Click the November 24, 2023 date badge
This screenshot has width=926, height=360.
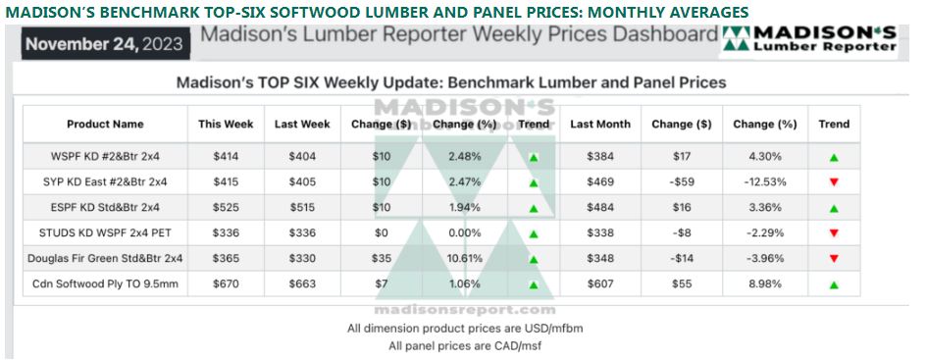coord(106,44)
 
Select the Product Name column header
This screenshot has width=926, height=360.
coord(105,125)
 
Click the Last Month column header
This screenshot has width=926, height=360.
coord(600,125)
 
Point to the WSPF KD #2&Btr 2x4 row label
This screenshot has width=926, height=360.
coord(105,157)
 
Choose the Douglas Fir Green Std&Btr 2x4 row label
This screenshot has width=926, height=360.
coord(105,259)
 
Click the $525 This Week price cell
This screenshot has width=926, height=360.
coord(227,208)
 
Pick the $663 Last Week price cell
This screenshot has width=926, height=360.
coord(302,284)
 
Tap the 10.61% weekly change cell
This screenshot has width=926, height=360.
coord(465,259)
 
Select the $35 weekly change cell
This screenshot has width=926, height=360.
coord(382,259)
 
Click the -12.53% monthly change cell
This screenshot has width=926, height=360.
coord(765,182)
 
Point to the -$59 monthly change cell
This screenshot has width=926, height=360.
coord(682,182)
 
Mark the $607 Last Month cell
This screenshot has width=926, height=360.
coord(600,284)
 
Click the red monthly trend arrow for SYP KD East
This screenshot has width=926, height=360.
coord(834,182)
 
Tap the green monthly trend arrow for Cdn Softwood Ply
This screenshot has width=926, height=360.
coord(834,284)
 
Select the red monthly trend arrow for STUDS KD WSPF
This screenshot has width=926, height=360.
coord(834,233)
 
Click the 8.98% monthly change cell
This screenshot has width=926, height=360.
coord(765,284)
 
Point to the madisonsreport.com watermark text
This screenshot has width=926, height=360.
coord(465,310)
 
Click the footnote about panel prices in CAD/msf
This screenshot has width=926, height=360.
coord(465,346)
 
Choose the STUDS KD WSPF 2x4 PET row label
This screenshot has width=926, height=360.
coord(105,233)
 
